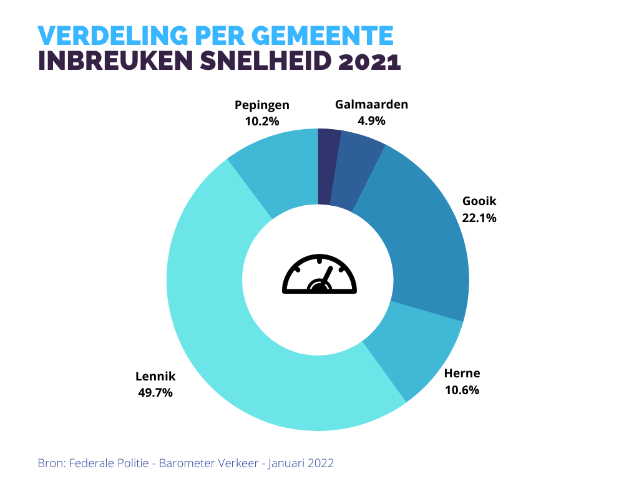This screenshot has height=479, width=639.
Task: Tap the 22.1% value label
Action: pyautogui.click(x=479, y=218)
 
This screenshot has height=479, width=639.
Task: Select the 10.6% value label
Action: pyautogui.click(x=462, y=390)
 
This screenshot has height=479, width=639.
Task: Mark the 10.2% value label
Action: pyautogui.click(x=262, y=121)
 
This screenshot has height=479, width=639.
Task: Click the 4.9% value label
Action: pyautogui.click(x=371, y=120)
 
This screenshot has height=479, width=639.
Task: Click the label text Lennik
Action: pyautogui.click(x=155, y=377)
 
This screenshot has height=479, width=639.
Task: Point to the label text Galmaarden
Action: pyautogui.click(x=371, y=104)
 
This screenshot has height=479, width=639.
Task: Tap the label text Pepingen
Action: pyautogui.click(x=262, y=105)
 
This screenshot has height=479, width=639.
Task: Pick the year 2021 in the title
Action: pyautogui.click(x=369, y=62)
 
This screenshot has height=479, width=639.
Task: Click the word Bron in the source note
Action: pyautogui.click(x=51, y=463)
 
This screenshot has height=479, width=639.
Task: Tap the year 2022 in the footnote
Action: pyautogui.click(x=320, y=463)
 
